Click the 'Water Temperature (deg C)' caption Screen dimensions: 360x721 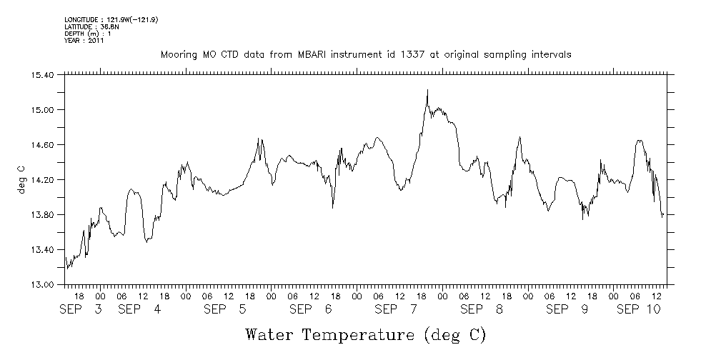click(x=366, y=334)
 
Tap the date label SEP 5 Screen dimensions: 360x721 click(x=224, y=309)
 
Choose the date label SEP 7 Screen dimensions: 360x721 click(x=396, y=309)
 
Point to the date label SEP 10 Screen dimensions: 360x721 click(x=638, y=309)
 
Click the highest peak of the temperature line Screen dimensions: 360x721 click(x=427, y=90)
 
